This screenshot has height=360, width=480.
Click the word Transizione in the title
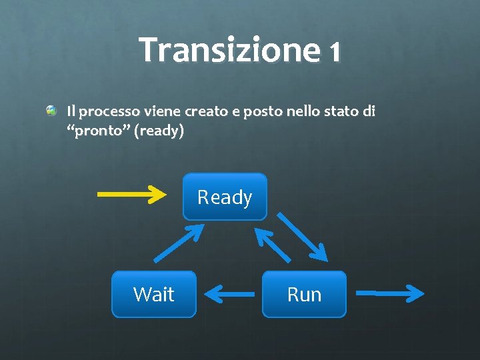(x=229, y=51)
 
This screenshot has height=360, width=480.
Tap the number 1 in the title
(x=334, y=52)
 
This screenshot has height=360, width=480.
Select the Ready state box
(x=225, y=197)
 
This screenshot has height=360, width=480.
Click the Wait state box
(x=153, y=294)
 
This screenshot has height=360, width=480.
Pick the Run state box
(x=304, y=294)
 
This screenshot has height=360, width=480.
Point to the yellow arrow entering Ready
(x=131, y=195)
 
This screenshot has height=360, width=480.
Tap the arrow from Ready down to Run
(x=302, y=237)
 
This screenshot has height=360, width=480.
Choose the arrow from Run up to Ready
(x=273, y=245)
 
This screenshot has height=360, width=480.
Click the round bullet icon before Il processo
(x=52, y=110)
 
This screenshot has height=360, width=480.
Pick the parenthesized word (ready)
(x=159, y=131)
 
